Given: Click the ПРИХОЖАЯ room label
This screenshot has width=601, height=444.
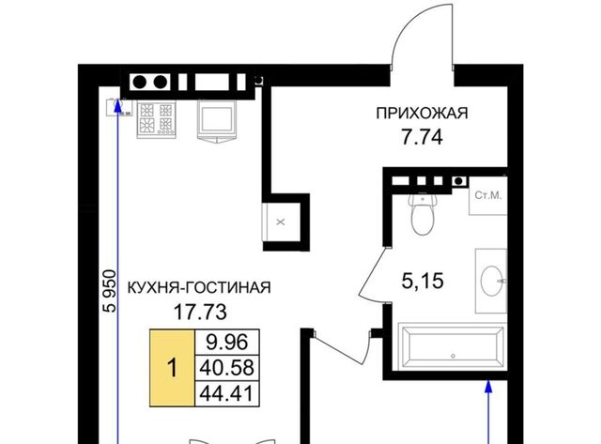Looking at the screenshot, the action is pos(422,114).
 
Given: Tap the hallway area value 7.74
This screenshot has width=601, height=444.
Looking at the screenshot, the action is pos(422,137).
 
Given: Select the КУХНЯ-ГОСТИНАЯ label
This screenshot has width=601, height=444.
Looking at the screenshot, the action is pos(199,287).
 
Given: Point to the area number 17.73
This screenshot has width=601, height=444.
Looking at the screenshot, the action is pos(200,312).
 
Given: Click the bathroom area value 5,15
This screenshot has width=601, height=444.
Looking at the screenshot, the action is pos(423,281).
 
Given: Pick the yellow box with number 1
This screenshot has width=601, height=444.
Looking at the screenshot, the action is pos(172,368).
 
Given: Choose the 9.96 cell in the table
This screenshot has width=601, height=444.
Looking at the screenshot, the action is pos(227,342).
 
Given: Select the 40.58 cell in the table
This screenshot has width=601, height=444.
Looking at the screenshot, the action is pos(227,368).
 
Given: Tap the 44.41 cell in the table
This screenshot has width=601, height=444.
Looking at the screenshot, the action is pos(227,393).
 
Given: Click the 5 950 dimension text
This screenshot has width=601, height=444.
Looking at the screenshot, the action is pos(110,291).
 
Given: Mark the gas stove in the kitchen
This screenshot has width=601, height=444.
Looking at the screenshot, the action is pos(157,119).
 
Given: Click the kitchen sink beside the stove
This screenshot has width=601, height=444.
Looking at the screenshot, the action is pos(217,121).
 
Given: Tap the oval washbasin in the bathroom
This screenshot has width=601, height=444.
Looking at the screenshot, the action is pos(491,281).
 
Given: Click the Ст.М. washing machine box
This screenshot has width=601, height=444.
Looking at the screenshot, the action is pos(488,195).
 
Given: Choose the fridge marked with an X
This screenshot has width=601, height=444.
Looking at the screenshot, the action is pos(281,222).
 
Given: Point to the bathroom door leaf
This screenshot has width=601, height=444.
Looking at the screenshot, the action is pos(373,271).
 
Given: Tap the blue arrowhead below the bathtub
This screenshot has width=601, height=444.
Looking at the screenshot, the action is pos(488,386).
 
